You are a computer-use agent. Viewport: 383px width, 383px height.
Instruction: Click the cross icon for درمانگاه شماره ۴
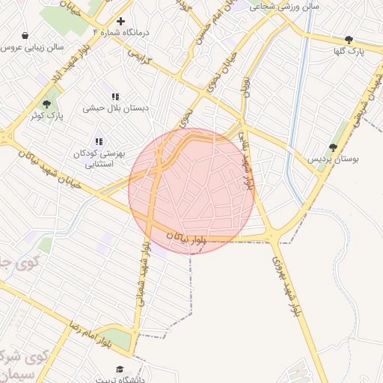tap(120, 21)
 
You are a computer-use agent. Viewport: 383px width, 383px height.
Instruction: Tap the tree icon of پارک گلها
tap(349, 39)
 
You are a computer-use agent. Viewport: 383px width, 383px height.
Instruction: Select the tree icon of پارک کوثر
tap(47, 104)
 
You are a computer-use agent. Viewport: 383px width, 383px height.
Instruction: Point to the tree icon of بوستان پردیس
tap(333, 147)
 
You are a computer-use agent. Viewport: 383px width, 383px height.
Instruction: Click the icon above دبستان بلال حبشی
tap(115, 96)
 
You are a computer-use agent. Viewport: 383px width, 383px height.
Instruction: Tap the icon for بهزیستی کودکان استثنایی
tap(98, 141)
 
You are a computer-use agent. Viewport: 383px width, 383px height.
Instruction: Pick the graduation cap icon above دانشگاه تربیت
tap(120, 370)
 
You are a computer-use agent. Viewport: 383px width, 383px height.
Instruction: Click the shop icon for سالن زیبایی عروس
tap(26, 35)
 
